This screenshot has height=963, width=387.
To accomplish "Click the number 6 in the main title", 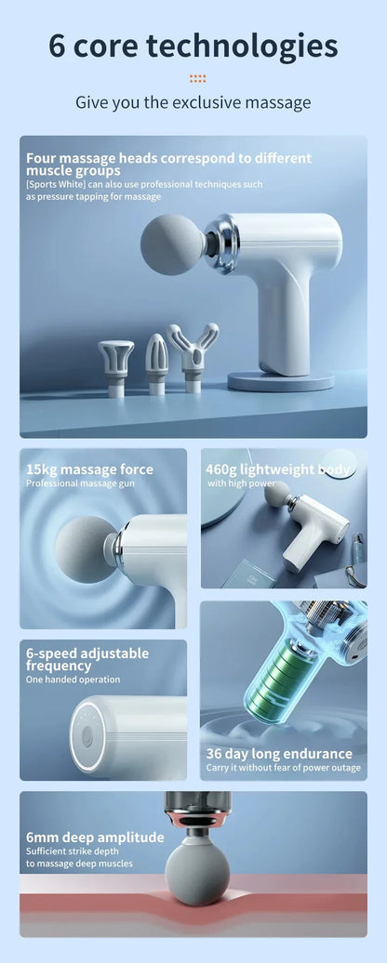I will pos(57,46).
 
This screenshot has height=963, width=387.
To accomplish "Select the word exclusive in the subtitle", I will pos(212,102).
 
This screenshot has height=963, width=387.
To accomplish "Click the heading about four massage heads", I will pos(168,164).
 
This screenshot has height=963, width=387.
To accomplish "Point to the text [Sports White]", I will pos(55,184).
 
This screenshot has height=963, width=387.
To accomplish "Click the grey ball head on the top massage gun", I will pos(171,244).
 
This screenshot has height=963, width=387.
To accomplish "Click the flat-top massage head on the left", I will pos(116,363).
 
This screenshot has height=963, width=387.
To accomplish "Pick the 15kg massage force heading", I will pos(89,469).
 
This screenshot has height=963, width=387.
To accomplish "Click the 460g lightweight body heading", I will pos(278,469).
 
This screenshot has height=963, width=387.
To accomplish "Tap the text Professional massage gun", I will pos(74,483).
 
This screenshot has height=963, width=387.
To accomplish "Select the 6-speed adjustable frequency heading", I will pos(87,659).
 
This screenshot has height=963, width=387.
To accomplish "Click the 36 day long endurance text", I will pos(279,754).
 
